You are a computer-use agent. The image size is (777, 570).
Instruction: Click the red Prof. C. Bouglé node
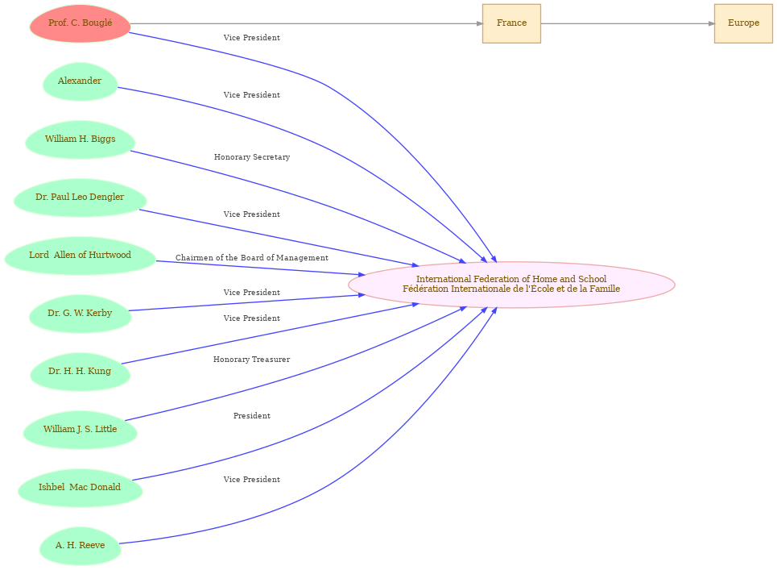click(x=80, y=23)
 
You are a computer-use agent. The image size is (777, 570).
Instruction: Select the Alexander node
click(x=80, y=81)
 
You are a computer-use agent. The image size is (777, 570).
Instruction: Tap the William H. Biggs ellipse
click(x=80, y=139)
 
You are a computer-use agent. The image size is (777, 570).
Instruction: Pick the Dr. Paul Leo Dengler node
click(x=80, y=198)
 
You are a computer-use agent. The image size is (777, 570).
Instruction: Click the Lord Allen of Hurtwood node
click(x=80, y=256)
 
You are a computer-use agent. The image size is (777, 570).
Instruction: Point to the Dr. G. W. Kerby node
click(x=80, y=314)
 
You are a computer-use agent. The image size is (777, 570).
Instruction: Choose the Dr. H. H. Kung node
click(x=80, y=372)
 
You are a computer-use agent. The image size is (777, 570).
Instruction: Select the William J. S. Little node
click(x=80, y=430)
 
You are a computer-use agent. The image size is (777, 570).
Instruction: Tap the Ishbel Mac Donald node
click(x=80, y=488)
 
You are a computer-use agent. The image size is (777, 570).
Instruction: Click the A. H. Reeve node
click(x=80, y=546)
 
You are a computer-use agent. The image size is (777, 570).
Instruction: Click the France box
click(x=511, y=23)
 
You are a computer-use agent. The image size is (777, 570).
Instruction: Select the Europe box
click(x=743, y=23)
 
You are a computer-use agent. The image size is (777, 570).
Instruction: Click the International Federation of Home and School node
click(x=511, y=285)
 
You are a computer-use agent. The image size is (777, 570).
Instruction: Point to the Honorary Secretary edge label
click(x=252, y=157)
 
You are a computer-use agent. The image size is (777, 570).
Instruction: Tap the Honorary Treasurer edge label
click(x=252, y=360)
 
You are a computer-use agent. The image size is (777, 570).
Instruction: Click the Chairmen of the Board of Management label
click(x=252, y=258)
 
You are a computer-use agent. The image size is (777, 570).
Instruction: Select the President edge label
click(x=252, y=416)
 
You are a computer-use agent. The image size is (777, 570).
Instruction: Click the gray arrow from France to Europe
click(x=628, y=23)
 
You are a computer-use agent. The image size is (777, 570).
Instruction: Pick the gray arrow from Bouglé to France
click(x=306, y=23)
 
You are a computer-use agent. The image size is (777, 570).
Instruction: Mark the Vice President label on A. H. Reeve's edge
click(x=252, y=480)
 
